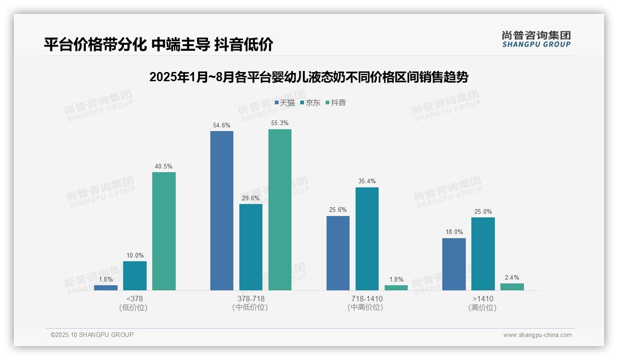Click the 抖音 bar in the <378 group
tap(164, 231)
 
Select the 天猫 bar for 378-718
tap(222, 210)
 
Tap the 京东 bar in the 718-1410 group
tap(367, 239)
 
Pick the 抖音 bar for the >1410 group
tap(512, 287)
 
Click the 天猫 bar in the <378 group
tap(106, 288)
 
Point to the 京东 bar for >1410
tap(483, 254)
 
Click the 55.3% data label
tap(280, 123)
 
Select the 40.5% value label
tap(164, 167)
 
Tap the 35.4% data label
tap(367, 181)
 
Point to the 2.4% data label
tap(512, 277)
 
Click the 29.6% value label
tap(251, 198)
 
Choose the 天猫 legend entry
tap(285, 103)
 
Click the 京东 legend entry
tap(310, 103)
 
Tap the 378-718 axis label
tap(251, 299)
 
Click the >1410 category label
tap(483, 299)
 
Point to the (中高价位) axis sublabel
tap(365, 307)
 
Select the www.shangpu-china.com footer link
tap(537, 335)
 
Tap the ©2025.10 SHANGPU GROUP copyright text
tap(92, 335)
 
